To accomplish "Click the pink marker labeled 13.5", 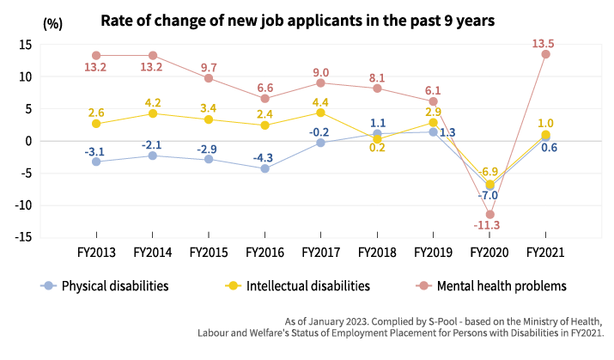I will [545, 54].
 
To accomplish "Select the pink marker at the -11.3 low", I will [489, 214].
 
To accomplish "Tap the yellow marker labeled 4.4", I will [320, 113].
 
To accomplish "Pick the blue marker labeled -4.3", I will [264, 168].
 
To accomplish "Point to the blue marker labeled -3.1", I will [96, 162].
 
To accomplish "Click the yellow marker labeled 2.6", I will [96, 124].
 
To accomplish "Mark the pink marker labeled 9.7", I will [209, 78].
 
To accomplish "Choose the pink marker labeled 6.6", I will [264, 99].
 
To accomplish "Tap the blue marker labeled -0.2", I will [320, 143].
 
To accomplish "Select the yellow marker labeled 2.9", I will [433, 123].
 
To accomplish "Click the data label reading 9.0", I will [320, 73].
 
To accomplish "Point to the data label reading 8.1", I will [377, 78].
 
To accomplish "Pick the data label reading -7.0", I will [488, 196].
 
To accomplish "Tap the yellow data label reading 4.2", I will [153, 103].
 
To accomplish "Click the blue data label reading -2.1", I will [152, 145].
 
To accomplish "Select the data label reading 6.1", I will [433, 90].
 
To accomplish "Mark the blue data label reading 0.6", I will [549, 148].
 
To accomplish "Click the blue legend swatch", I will [52, 285].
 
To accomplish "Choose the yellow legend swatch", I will [237, 285].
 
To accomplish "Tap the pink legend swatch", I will [428, 285].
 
